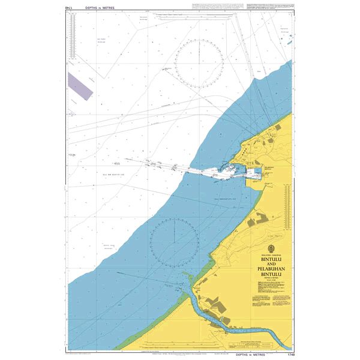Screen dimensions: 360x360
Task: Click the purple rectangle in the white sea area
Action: point(80,85)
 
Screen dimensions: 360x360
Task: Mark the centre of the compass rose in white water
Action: point(199,62)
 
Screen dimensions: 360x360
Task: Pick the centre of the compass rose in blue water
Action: point(174,243)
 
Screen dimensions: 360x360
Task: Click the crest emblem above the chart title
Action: point(268,250)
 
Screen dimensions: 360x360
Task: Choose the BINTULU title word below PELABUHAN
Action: point(268,277)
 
